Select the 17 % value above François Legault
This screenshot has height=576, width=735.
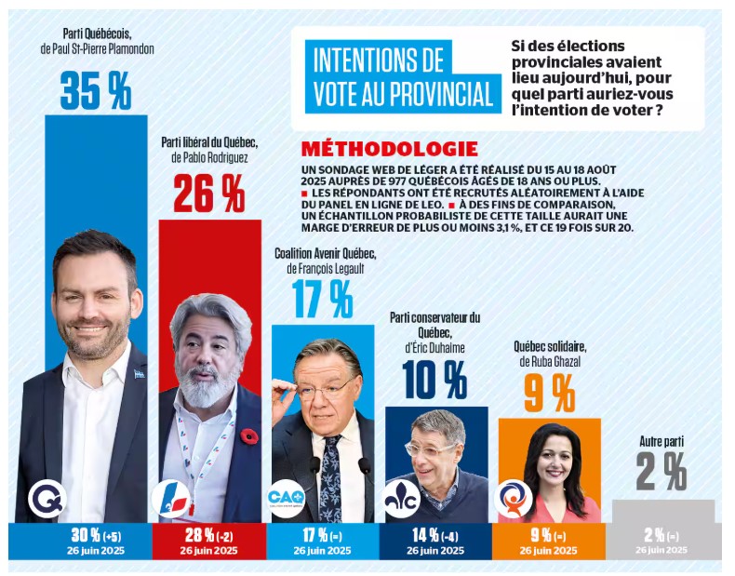322,300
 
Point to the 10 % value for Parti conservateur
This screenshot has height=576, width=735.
434,380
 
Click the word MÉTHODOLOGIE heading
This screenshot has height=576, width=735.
390,149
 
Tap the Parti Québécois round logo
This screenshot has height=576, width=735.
46,498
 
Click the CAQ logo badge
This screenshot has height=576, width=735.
286,498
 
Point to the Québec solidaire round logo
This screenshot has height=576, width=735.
514,498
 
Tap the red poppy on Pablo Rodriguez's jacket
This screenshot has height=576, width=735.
247,436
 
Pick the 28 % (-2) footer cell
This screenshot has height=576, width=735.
209,540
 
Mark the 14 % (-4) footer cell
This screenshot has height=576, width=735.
434,540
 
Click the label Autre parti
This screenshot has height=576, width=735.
661,441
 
